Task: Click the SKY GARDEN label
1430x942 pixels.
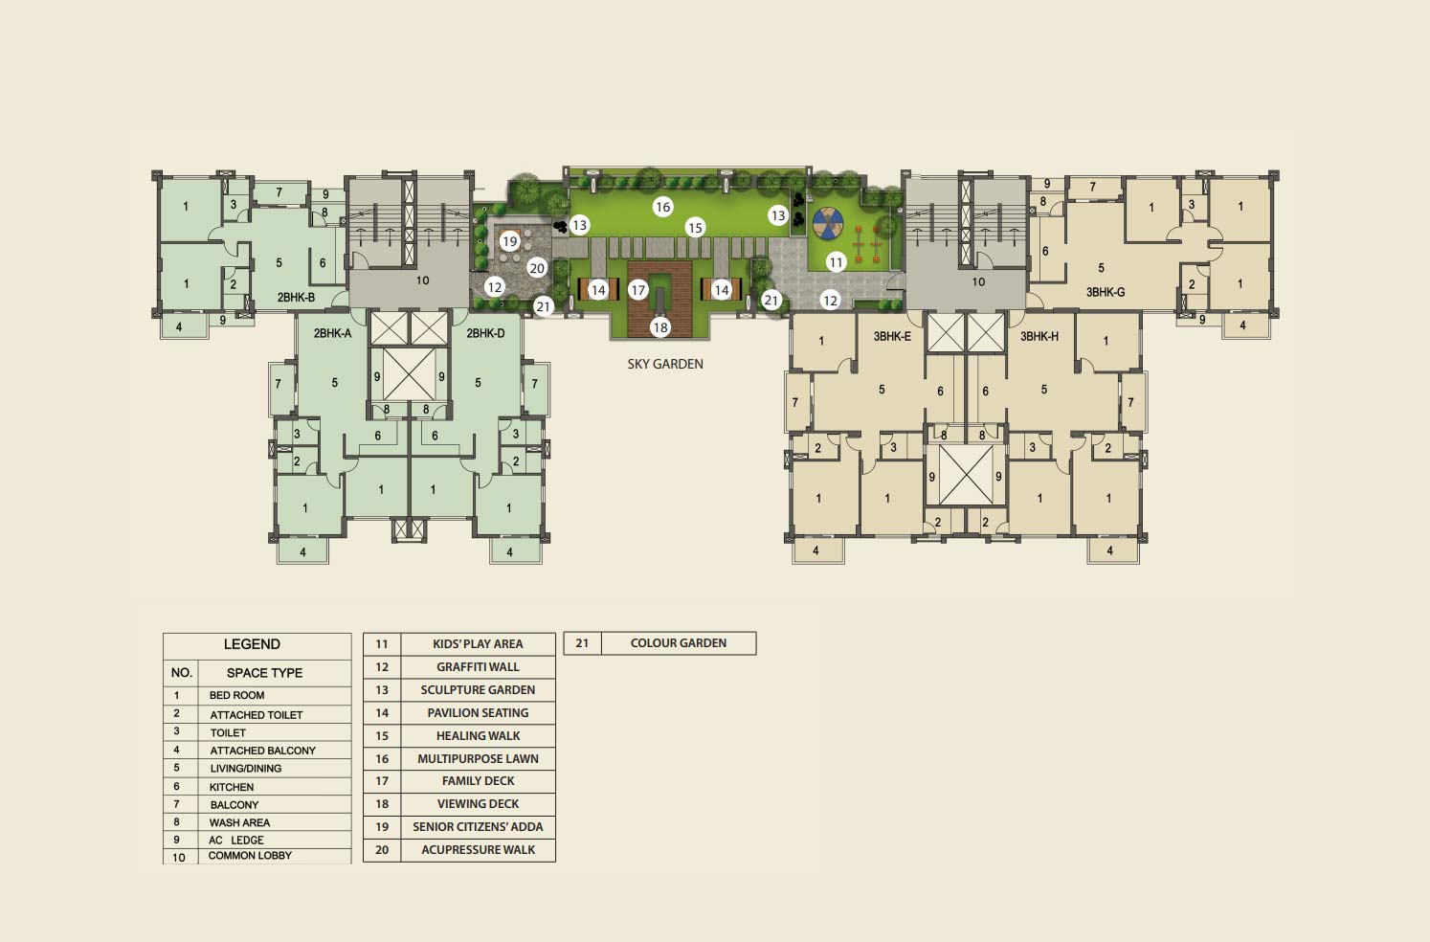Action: click(x=665, y=364)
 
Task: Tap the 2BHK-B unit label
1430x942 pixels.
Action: click(x=296, y=297)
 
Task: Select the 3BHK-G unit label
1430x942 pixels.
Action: click(x=1106, y=292)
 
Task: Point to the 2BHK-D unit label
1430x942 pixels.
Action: click(x=485, y=333)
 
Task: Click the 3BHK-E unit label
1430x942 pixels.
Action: click(x=892, y=336)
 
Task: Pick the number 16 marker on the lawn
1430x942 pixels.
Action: click(x=662, y=206)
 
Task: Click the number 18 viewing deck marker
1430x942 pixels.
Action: click(x=660, y=327)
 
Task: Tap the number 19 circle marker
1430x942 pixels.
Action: click(x=509, y=241)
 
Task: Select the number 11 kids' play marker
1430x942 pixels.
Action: click(x=837, y=261)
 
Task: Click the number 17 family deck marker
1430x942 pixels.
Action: click(x=637, y=290)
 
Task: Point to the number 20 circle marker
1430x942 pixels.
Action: click(x=537, y=268)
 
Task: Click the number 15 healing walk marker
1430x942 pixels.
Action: click(x=695, y=227)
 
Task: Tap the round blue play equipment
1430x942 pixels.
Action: click(x=828, y=223)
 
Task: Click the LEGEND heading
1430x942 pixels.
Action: click(x=252, y=643)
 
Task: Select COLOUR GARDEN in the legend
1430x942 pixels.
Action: click(x=678, y=643)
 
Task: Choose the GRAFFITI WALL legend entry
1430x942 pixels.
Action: click(x=478, y=666)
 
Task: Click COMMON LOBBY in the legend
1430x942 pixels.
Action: click(x=250, y=855)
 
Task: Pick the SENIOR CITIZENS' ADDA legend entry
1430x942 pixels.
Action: click(x=478, y=826)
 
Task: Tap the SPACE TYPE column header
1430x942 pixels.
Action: click(x=264, y=672)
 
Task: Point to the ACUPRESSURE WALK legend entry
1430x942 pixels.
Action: click(x=478, y=849)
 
